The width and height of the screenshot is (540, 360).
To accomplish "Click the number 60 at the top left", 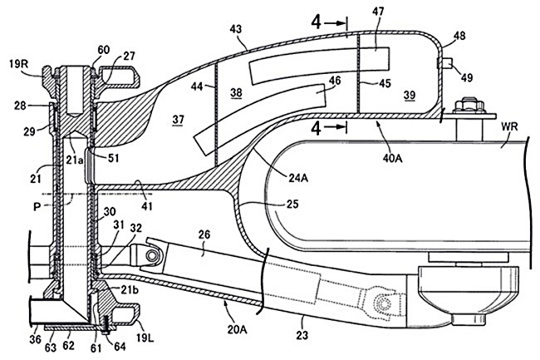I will point(102,49).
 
